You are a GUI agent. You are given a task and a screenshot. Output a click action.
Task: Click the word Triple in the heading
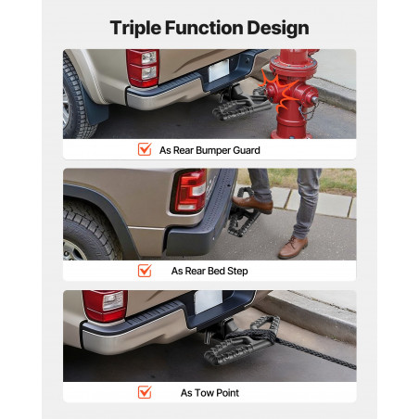coord(135,28)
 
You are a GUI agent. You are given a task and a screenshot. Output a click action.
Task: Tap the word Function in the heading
coord(204,28)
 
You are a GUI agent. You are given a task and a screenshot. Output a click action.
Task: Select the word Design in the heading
coord(278,28)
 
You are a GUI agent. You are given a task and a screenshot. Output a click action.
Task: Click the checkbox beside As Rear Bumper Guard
coord(145,149)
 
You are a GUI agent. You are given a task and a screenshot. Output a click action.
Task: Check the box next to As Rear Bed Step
coord(145,271)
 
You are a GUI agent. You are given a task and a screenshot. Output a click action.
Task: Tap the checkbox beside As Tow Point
coord(145,392)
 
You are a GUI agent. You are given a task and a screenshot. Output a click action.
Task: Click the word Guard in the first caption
coord(247,150)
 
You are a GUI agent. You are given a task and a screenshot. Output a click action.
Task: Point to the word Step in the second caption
coord(237,271)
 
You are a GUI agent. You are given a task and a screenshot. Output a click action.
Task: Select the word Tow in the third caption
coord(204,393)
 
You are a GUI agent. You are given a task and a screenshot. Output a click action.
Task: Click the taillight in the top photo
coord(143,68)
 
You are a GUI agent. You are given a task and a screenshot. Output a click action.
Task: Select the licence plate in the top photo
coord(219,70)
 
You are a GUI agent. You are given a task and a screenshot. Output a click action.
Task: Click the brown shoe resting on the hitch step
coord(252,205)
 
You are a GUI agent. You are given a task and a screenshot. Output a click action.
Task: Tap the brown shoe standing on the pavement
coord(293,247)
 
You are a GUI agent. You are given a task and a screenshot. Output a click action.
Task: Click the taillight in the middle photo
coord(189,192)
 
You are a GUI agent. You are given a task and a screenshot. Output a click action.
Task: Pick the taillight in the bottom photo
coord(105,306)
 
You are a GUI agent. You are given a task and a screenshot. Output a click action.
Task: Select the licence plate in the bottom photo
coord(208,301)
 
